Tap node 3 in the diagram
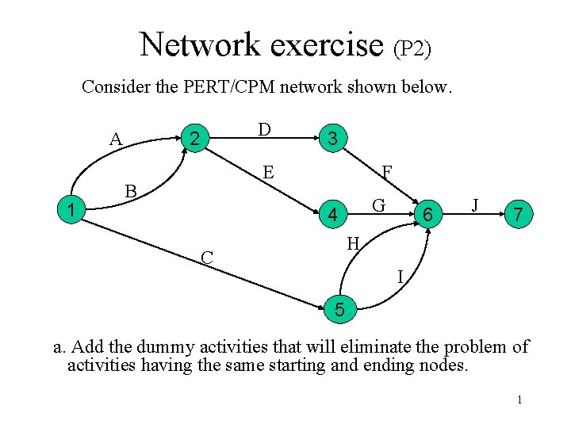tap(334, 139)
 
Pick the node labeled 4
tap(334, 215)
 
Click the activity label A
tap(116, 139)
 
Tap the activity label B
tap(131, 191)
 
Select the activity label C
tap(207, 258)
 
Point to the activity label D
tap(264, 129)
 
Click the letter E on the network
tap(269, 172)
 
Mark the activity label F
tap(386, 172)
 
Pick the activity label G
tap(379, 205)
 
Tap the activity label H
tap(354, 243)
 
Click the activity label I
tap(401, 276)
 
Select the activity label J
tap(474, 204)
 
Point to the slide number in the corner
tap(519, 399)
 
